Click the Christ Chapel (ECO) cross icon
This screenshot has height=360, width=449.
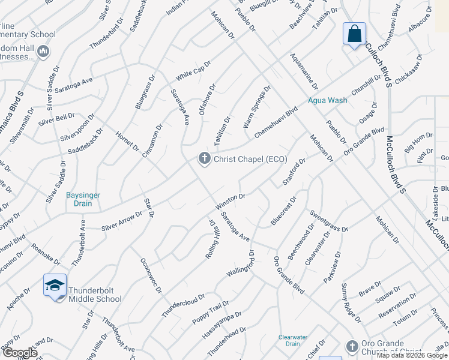click(204, 158)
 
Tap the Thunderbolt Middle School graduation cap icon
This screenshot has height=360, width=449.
click(55, 285)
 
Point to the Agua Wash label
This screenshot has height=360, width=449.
click(327, 100)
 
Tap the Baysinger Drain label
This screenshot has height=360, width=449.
click(83, 199)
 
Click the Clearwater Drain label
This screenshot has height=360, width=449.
click(294, 340)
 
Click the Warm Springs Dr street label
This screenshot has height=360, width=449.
click(257, 106)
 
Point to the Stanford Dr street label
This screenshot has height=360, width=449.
click(294, 172)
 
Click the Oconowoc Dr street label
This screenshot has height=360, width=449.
click(151, 276)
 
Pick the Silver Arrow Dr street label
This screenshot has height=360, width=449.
click(122, 221)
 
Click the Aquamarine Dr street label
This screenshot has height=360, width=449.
click(304, 71)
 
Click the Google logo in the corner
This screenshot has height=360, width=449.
click(19, 353)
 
